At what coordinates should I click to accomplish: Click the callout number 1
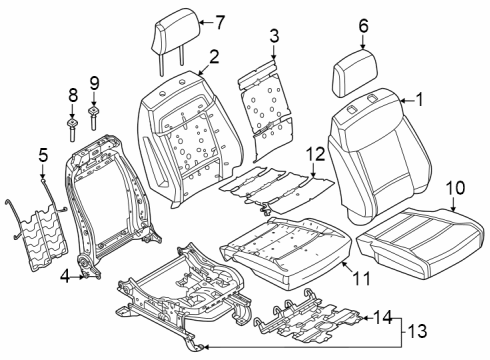[420, 99]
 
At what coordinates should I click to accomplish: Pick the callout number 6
[364, 26]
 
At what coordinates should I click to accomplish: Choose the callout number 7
[220, 20]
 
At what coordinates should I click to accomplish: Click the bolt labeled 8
[74, 124]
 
